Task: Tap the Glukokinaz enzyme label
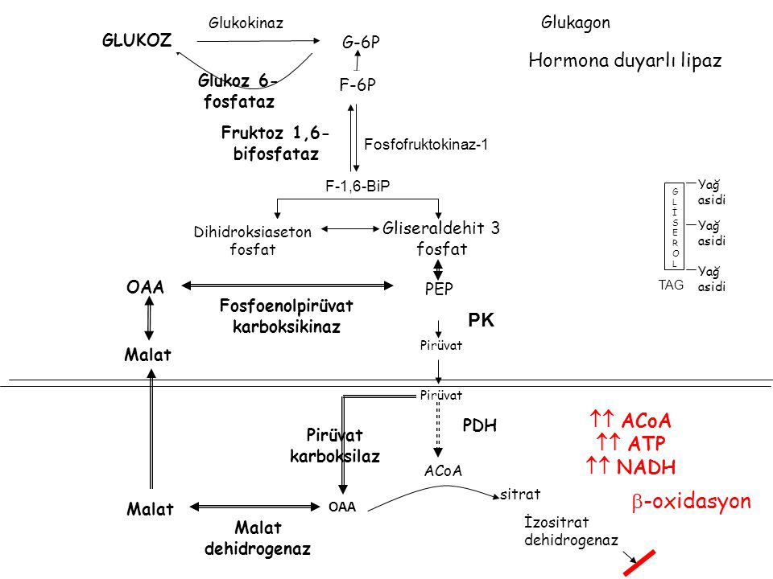pos(246,23)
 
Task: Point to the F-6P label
pos(358,84)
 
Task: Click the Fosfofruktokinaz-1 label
pos(427,145)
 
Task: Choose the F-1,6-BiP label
pos(357,186)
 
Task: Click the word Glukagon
pos(576,23)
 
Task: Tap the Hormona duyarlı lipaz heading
pos(625,60)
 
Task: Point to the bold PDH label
pos(480,427)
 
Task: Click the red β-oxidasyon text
pos(690,503)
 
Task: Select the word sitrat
pos(519,491)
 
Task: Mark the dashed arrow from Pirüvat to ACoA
pos(439,429)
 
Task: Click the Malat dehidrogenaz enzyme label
pos(258,539)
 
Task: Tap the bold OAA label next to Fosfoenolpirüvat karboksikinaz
pos(144,287)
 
